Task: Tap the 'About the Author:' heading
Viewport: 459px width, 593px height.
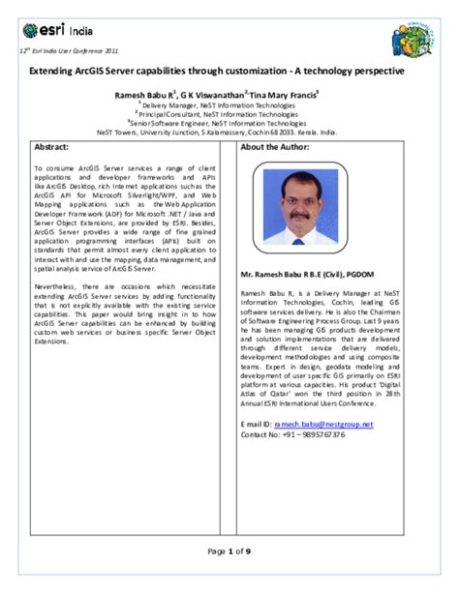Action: [x=276, y=147]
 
